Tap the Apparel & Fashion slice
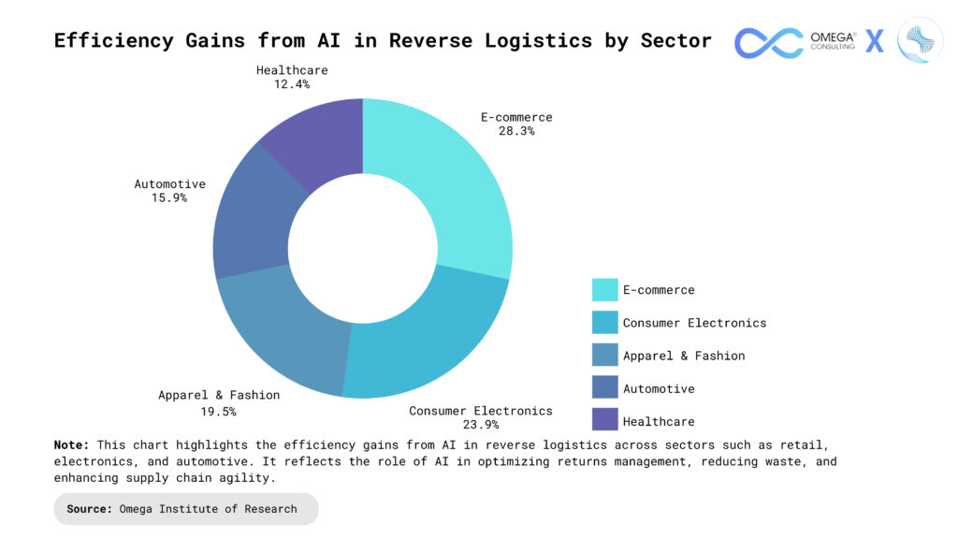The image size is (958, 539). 287,333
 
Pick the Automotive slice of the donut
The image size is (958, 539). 254,220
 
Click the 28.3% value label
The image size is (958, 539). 516,131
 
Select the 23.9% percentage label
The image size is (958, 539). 480,424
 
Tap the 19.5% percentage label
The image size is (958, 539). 218,412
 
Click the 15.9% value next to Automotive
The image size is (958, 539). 169,197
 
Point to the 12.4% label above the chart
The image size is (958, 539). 292,83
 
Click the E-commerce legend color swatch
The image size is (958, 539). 605,290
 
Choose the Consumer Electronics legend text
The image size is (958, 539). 695,323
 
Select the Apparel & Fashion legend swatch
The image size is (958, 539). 605,355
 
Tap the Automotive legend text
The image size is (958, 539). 659,388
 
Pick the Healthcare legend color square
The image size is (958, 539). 605,420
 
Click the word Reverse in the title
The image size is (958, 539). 430,40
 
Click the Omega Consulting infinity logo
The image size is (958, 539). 769,43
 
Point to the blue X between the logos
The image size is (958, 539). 875,41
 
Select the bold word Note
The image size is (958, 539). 71,444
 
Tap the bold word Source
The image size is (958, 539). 89,508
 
